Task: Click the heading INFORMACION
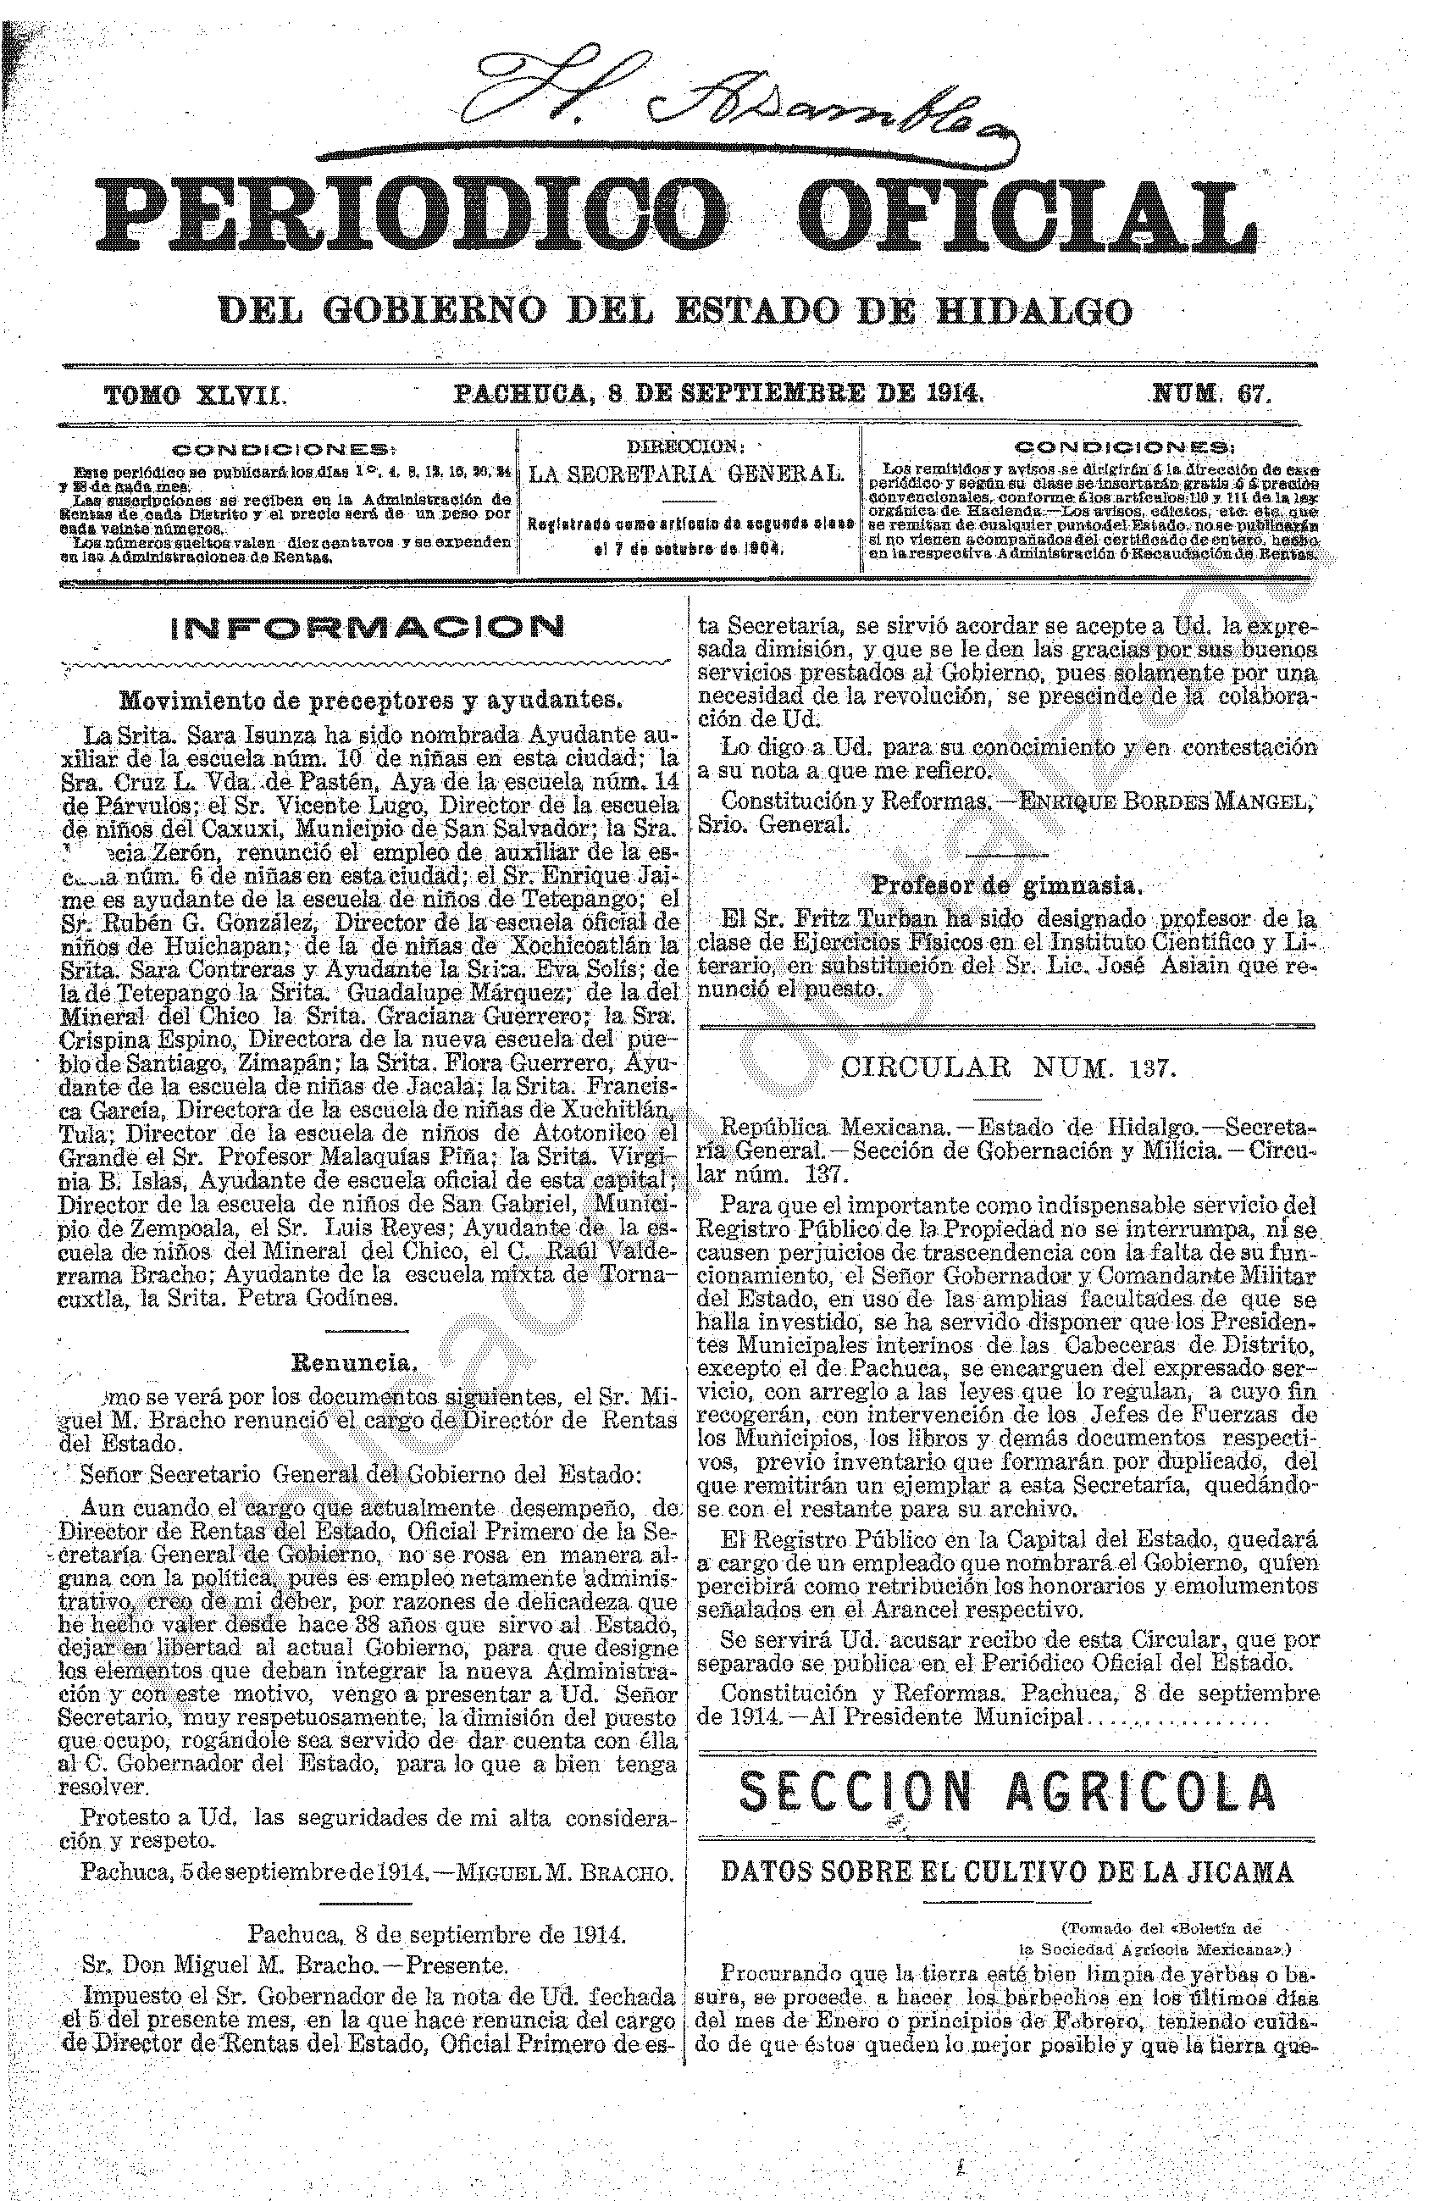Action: pos(366,629)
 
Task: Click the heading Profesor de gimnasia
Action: pos(1007,885)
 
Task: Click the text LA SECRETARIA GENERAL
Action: pos(685,475)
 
